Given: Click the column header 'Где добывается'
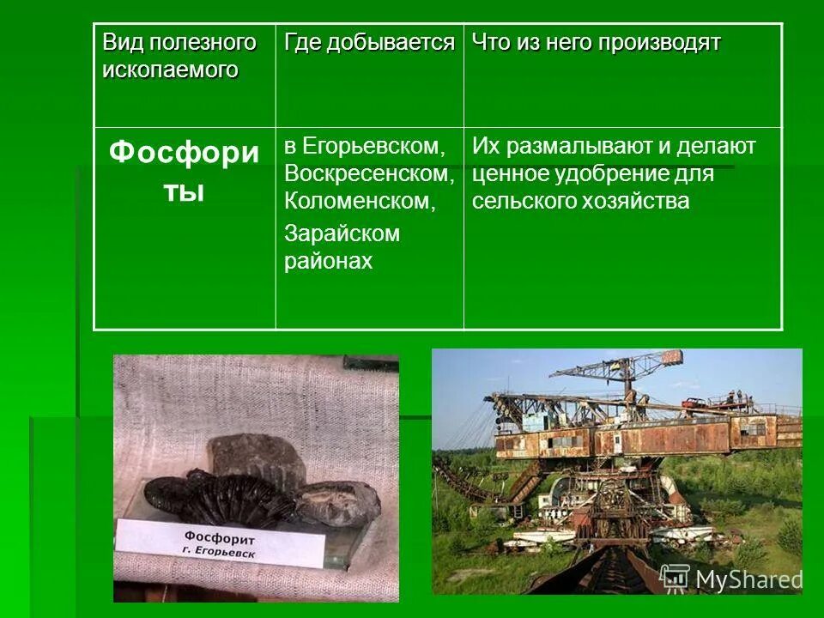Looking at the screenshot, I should pos(369,43).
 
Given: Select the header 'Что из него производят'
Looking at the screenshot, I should pos(596,43).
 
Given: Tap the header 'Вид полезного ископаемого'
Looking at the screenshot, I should pos(179,56).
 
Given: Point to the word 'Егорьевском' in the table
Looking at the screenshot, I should pos(373,147).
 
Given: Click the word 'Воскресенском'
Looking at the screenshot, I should pos(369,174).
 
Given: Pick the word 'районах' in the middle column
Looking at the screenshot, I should pos(329,261).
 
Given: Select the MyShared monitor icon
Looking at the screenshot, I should pos(675,577).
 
